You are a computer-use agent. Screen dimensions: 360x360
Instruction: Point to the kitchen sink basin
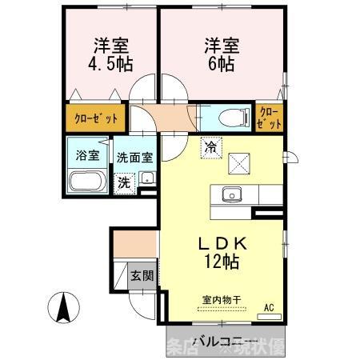[234, 194]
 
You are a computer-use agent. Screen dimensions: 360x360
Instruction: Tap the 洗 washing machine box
[124, 182]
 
